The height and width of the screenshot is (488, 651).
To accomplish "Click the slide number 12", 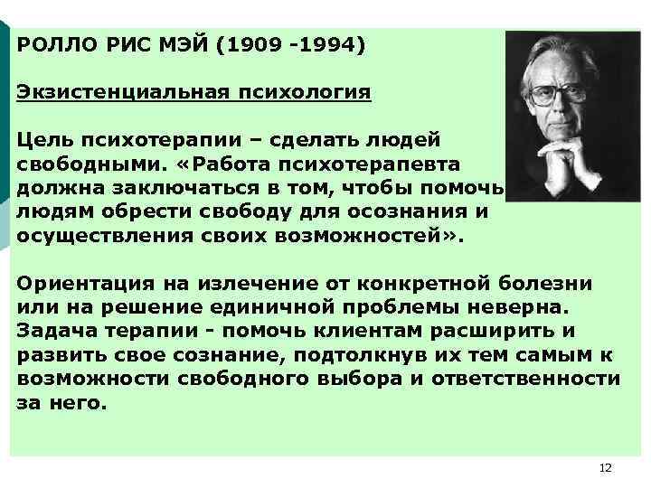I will coord(605,467).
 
